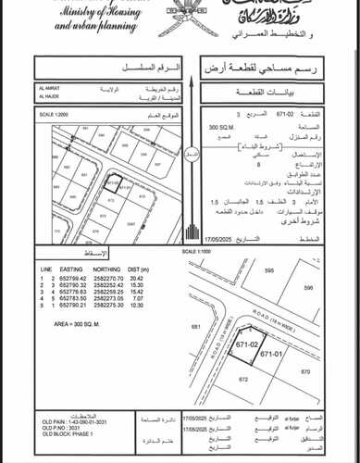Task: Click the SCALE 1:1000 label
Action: pos(216,251)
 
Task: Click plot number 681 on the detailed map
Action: pos(196,326)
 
